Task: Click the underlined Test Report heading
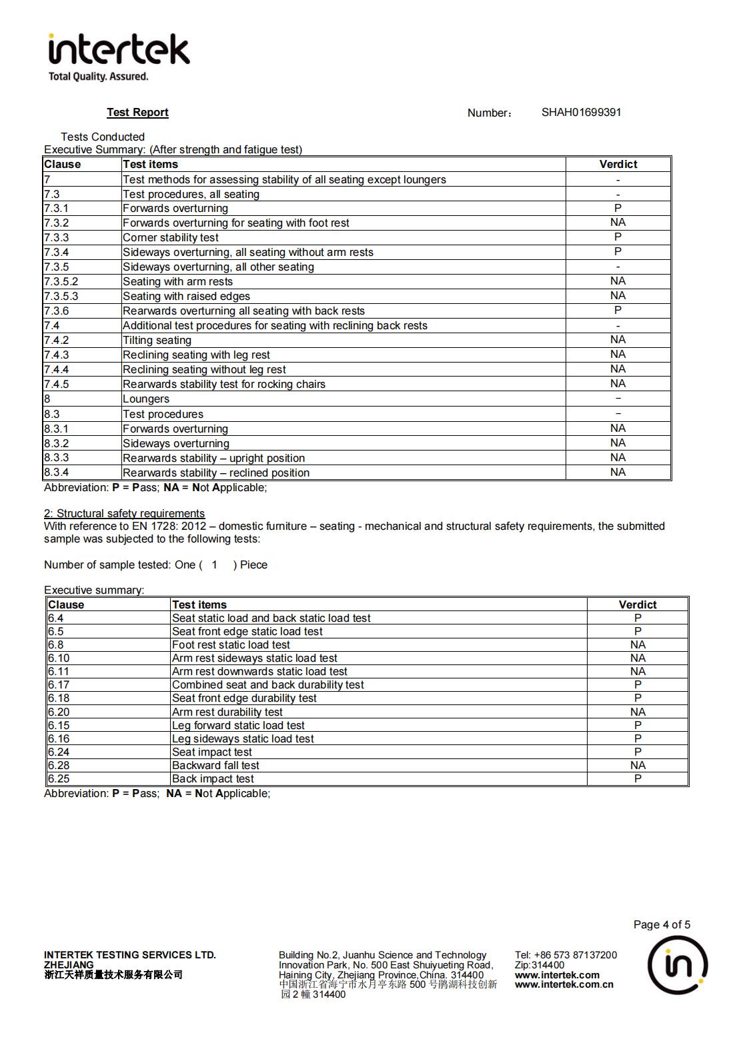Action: pos(137,113)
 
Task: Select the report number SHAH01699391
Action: pos(581,112)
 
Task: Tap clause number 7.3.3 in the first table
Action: pos(57,238)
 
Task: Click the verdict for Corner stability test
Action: pos(618,237)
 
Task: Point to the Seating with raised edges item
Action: pos(186,297)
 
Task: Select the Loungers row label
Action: pos(146,399)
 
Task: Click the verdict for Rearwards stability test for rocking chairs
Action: pos(618,384)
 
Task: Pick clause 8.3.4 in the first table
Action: pos(57,473)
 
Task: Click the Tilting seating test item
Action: pos(157,341)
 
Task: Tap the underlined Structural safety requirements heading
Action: pos(124,514)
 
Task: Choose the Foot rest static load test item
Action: pos(231,645)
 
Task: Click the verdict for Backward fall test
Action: pos(638,766)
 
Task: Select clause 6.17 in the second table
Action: pos(59,685)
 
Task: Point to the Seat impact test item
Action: pos(212,752)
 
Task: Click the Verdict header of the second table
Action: pos(638,605)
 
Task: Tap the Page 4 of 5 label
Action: pos(662,925)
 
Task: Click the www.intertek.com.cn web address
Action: pos(564,984)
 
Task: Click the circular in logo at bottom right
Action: pos(678,965)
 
